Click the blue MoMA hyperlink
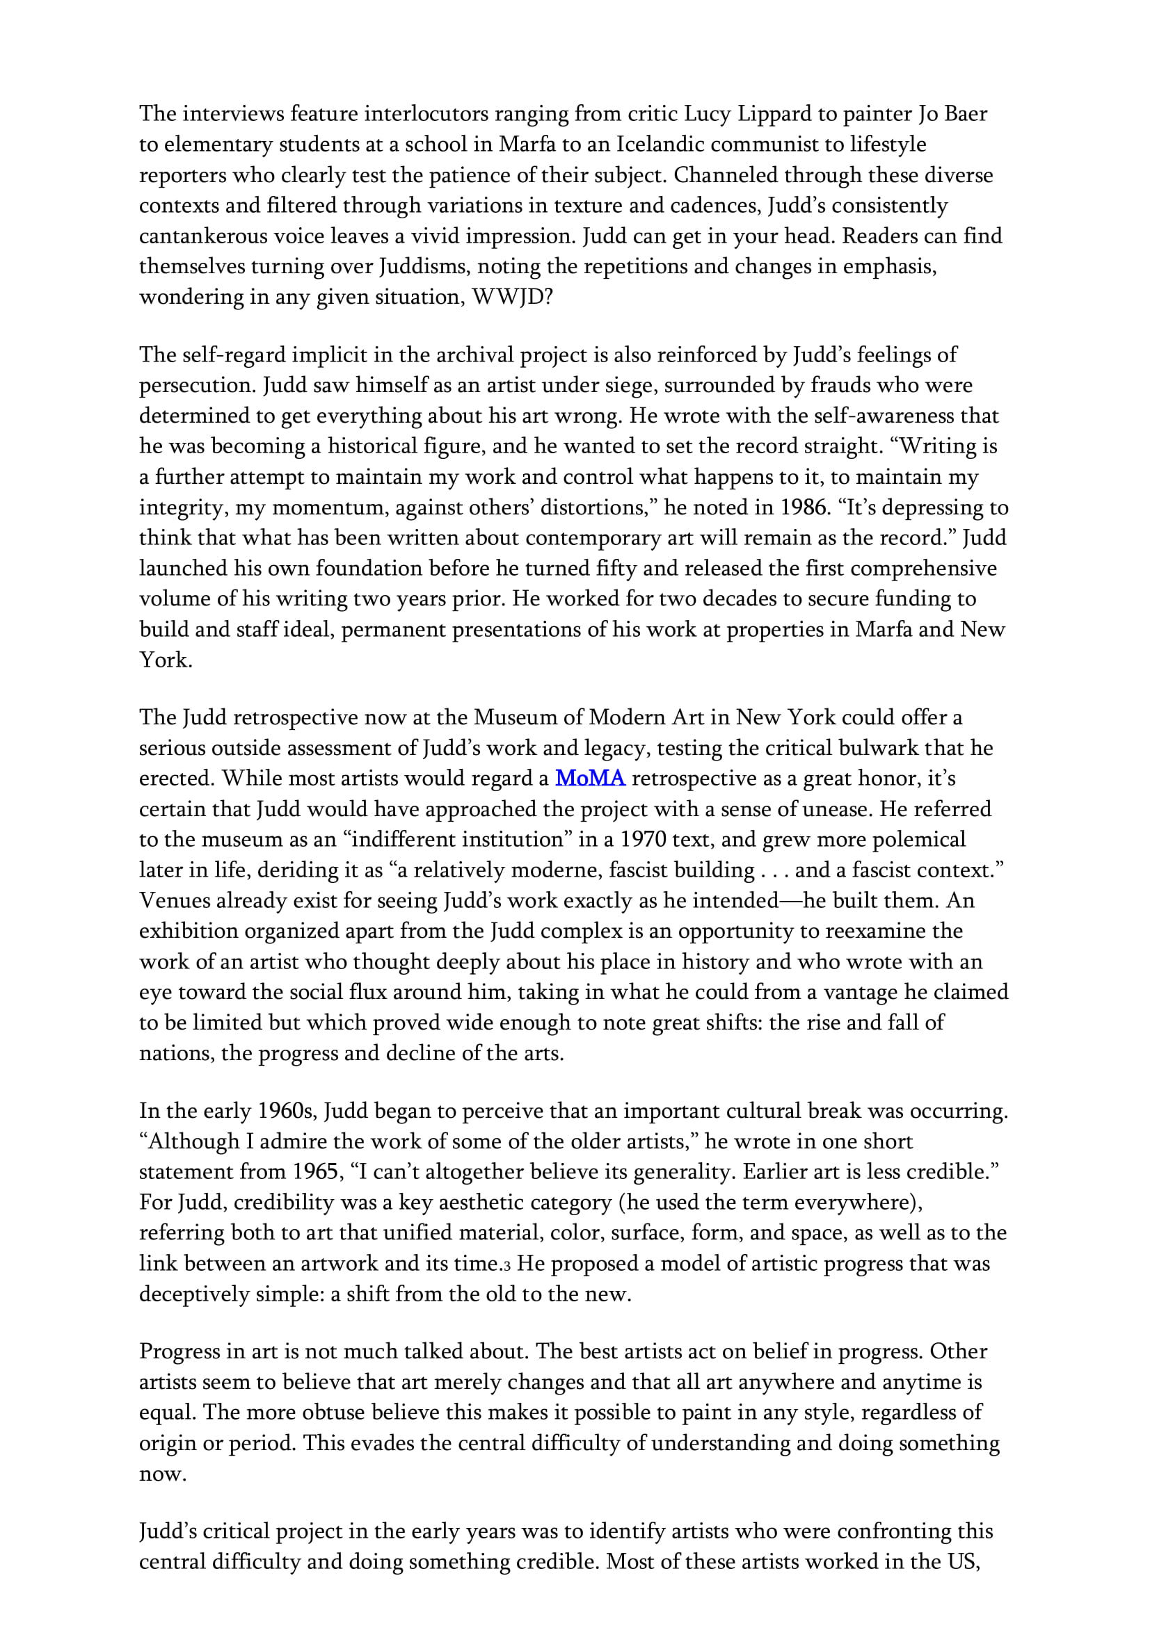click(x=590, y=779)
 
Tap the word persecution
click(x=196, y=385)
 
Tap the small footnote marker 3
click(x=508, y=1265)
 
